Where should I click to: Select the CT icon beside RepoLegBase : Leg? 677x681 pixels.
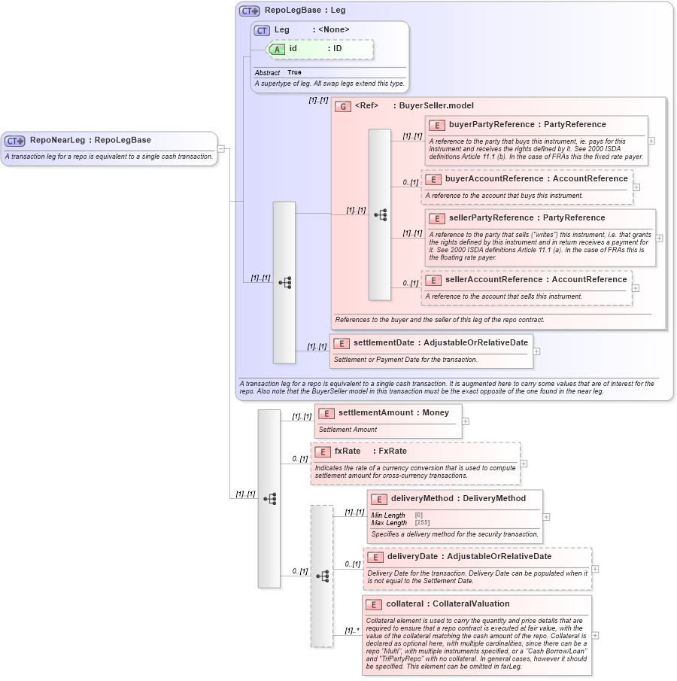point(249,11)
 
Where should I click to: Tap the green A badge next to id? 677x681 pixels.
point(277,48)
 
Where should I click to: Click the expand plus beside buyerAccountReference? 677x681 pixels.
point(636,187)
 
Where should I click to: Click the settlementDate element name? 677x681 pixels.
point(382,343)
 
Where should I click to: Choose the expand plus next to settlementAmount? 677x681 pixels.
point(466,421)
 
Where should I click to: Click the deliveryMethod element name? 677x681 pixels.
point(422,498)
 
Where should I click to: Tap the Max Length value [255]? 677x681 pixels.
point(422,522)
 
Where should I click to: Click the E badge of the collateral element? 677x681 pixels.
point(374,604)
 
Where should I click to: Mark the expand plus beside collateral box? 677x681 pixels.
point(596,635)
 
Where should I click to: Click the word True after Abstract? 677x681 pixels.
point(294,72)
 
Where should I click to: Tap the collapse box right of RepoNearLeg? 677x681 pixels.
point(221,148)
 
